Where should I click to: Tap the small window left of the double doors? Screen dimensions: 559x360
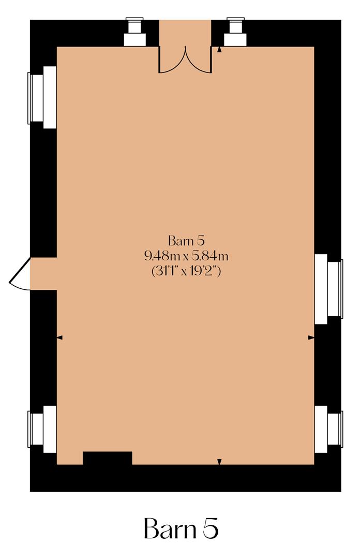[x=134, y=32]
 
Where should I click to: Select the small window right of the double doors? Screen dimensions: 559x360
[x=235, y=32]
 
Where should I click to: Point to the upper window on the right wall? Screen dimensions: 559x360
[x=329, y=289]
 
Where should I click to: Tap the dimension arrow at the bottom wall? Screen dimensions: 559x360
[x=219, y=461]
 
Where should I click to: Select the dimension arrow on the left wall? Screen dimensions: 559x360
[x=59, y=337]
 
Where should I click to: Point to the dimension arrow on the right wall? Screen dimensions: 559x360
[x=311, y=337]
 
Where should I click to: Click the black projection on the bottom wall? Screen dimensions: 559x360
[x=108, y=458]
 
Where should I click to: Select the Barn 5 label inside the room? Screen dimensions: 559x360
[x=187, y=241]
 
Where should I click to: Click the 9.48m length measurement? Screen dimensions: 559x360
[x=162, y=255]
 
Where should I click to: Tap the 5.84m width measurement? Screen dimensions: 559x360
[x=211, y=255]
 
